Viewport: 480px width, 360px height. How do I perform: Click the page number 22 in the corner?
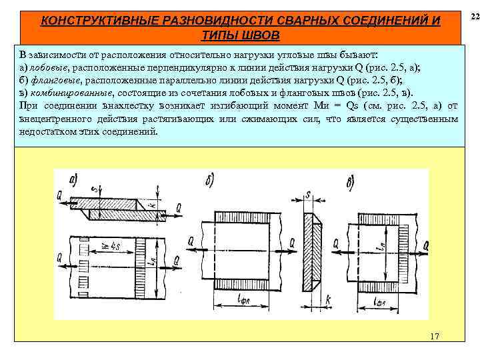click(x=474, y=15)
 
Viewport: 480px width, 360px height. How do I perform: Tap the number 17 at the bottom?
click(x=435, y=337)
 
